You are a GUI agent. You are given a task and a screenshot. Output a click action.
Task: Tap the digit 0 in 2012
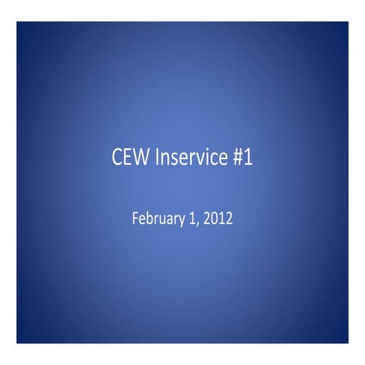point(214,218)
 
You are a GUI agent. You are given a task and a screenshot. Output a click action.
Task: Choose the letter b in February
point(149,218)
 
